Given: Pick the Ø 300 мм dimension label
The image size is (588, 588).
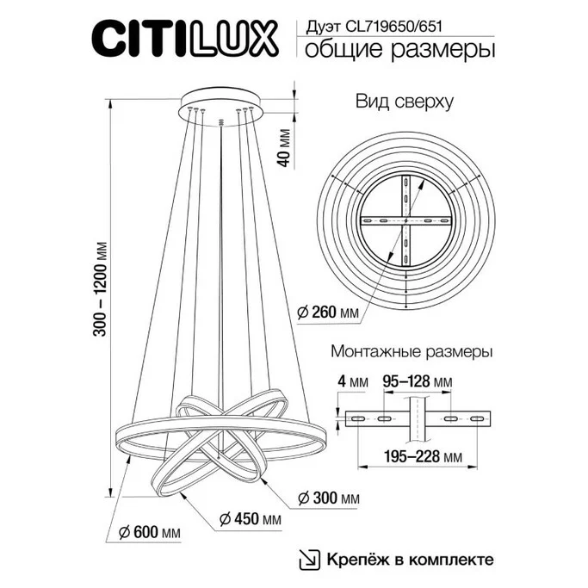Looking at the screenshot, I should pos(327,498).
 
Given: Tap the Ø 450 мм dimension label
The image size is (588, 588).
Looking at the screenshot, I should pos(249,519).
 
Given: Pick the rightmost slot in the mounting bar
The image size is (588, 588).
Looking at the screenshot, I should pos(476,418).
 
